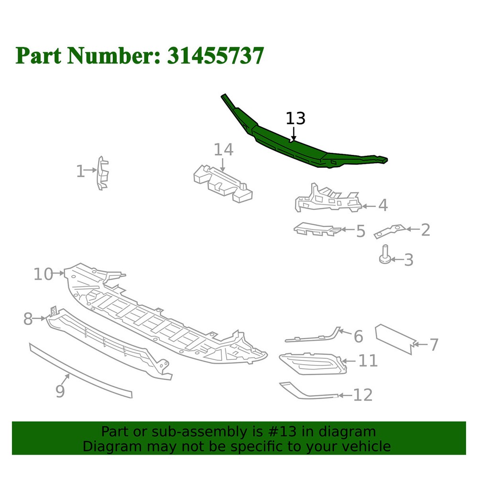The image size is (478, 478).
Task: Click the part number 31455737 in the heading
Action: point(215,56)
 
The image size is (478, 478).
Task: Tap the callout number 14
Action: point(223,150)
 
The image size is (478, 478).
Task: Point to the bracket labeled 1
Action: point(103,173)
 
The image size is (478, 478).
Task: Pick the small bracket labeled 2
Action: point(390,231)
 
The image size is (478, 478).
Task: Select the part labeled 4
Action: point(328,198)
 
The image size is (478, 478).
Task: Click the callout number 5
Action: point(360,231)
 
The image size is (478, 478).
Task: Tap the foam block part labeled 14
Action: point(223,185)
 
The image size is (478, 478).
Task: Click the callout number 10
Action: point(43,274)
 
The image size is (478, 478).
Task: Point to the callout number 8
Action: point(28,319)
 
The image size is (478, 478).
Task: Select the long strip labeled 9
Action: point(81,371)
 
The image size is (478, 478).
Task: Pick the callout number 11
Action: point(368,360)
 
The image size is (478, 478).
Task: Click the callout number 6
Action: point(358,337)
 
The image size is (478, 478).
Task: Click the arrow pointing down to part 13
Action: point(293,134)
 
